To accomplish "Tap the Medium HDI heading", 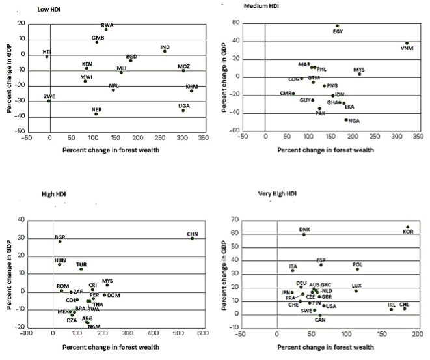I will click(x=260, y=5).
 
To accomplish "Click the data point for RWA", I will click(x=106, y=29).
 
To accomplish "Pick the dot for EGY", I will click(x=337, y=26).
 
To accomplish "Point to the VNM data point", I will click(x=407, y=44).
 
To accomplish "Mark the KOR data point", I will click(x=408, y=227).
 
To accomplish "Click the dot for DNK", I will click(x=304, y=234).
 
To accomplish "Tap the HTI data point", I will click(x=47, y=57).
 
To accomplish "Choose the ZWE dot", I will click(x=49, y=101).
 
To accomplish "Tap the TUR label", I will click(x=81, y=264).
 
